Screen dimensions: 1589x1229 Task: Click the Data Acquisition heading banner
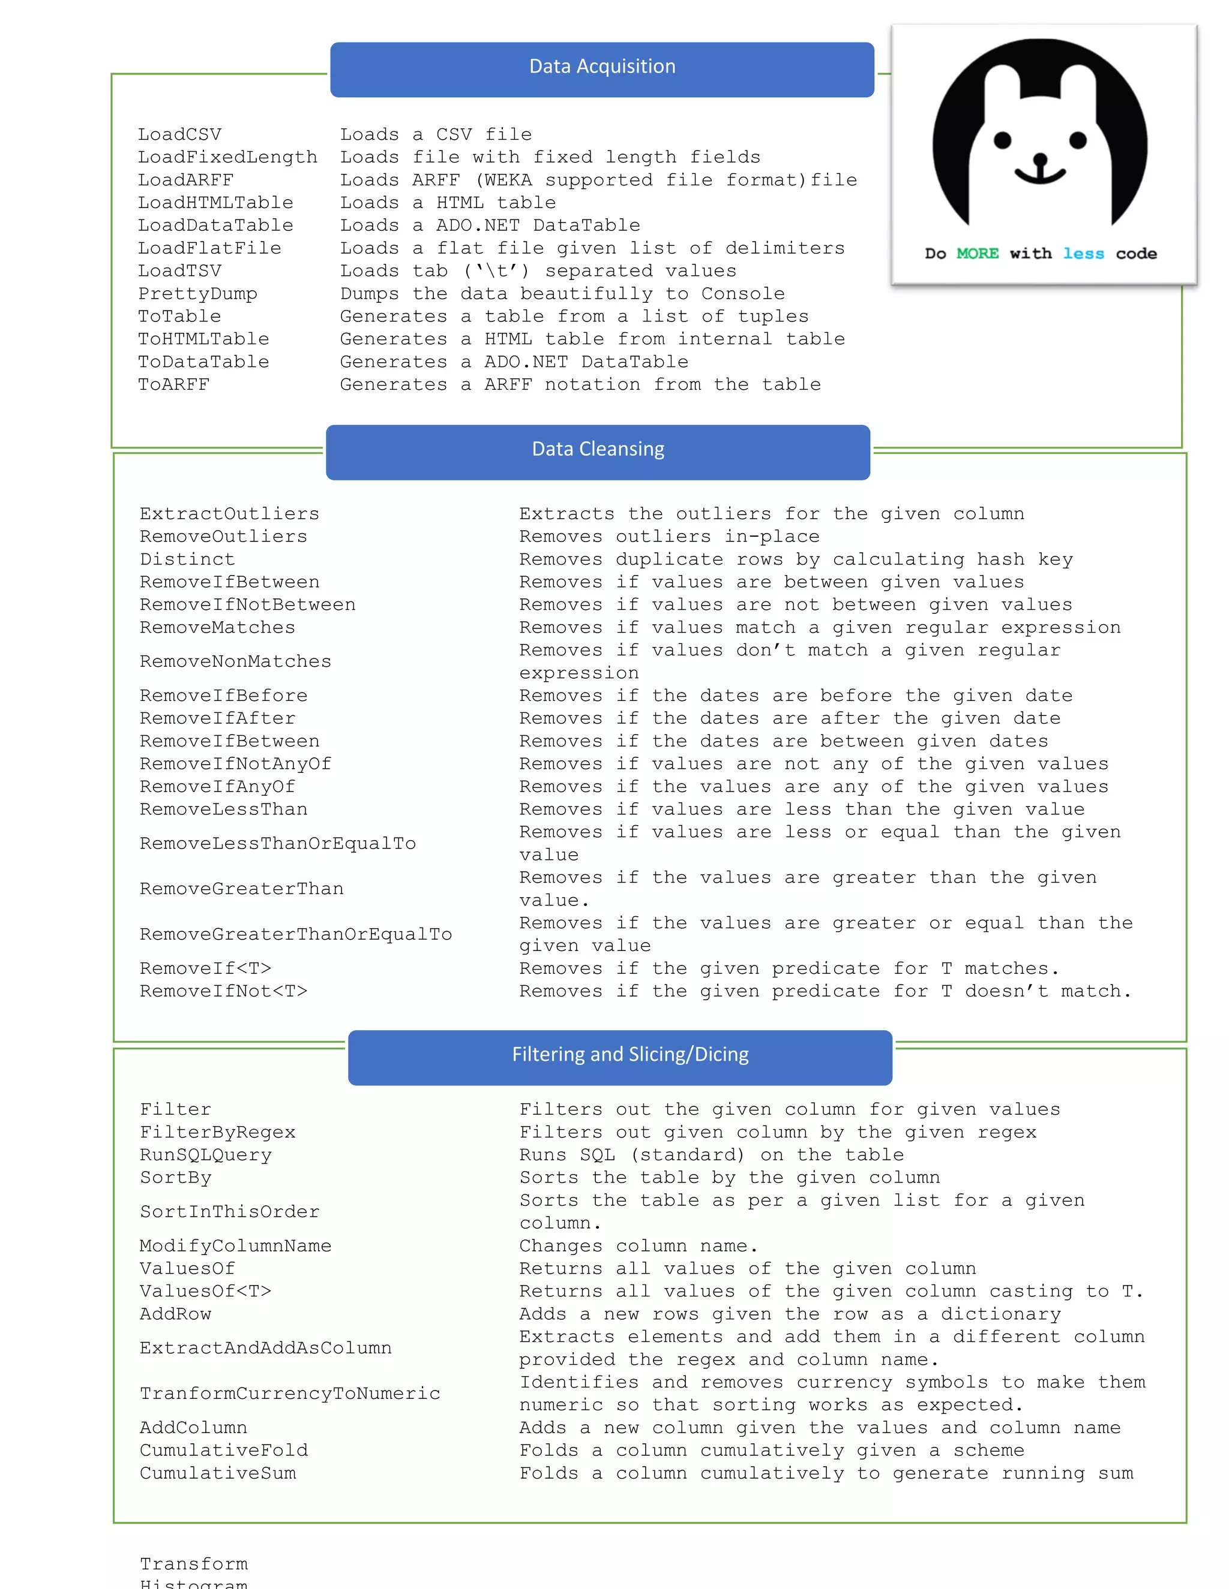pyautogui.click(x=602, y=68)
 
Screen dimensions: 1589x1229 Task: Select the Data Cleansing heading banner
pyautogui.click(x=598, y=450)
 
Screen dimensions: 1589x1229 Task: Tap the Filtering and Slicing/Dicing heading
pyautogui.click(x=630, y=1055)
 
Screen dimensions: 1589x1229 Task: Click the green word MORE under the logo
pyautogui.click(x=977, y=254)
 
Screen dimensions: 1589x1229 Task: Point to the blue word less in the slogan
pyautogui.click(x=1083, y=254)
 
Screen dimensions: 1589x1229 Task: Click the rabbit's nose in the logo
pyautogui.click(x=1041, y=159)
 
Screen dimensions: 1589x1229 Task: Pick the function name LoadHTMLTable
pyautogui.click(x=215, y=203)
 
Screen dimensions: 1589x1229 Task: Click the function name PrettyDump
pyautogui.click(x=197, y=294)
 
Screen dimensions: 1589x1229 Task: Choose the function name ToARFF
pyautogui.click(x=174, y=385)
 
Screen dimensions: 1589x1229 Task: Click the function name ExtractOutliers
pyautogui.click(x=229, y=514)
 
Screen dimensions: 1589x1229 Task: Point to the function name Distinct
pyautogui.click(x=187, y=559)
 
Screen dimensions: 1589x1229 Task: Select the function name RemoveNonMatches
pyautogui.click(x=235, y=661)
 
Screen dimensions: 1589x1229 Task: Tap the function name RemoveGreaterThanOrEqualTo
pyautogui.click(x=296, y=934)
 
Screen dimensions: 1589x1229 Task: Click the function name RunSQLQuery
pyautogui.click(x=205, y=1155)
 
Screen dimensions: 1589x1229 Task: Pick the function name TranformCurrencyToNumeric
pyautogui.click(x=290, y=1394)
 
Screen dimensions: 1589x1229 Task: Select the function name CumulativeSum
pyautogui.click(x=218, y=1473)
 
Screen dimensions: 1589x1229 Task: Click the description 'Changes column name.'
pyautogui.click(x=639, y=1247)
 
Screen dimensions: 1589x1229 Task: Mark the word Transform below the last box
pyautogui.click(x=194, y=1564)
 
